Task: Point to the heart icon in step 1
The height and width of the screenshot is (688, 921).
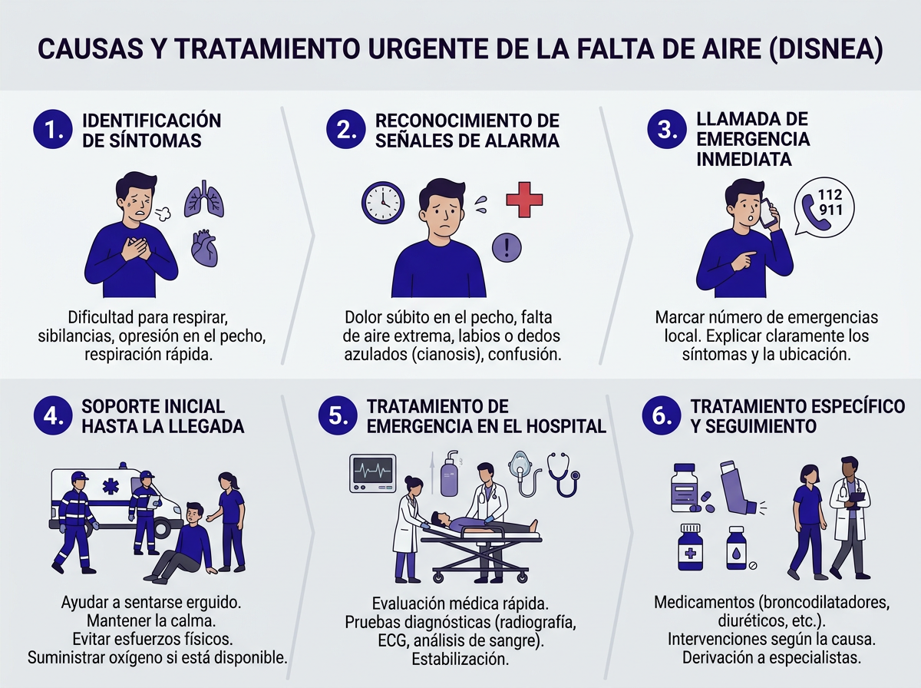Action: pos(205,247)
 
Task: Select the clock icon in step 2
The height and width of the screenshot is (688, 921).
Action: pos(383,202)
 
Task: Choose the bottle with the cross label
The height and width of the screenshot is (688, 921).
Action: pos(691,548)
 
